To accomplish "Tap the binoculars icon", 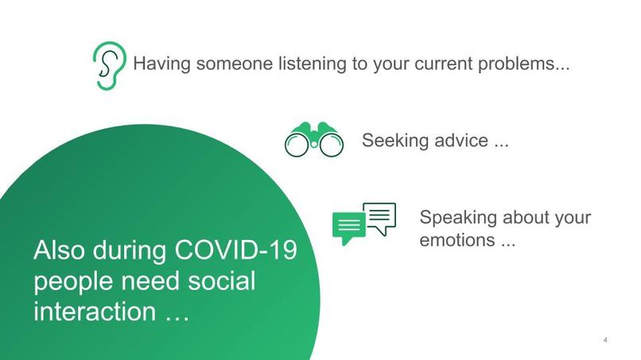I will click(x=314, y=140).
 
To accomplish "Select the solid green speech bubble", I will click(x=348, y=228).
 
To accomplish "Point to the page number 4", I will click(x=606, y=341).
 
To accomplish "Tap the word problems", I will click(x=519, y=64).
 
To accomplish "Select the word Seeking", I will click(x=396, y=141).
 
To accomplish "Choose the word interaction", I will click(x=95, y=311).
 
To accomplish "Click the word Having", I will click(x=159, y=64).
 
